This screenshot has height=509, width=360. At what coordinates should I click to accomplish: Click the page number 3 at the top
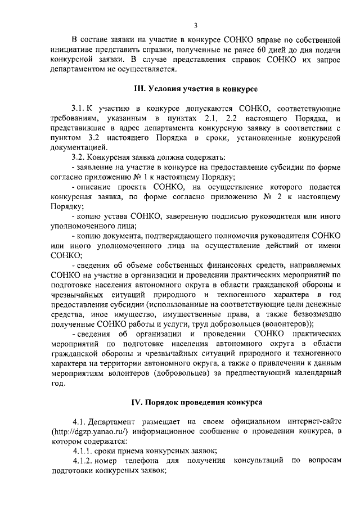[196, 25]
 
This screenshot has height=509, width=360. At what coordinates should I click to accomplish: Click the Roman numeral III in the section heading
[138, 89]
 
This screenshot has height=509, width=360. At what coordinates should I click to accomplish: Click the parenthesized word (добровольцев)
[188, 374]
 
